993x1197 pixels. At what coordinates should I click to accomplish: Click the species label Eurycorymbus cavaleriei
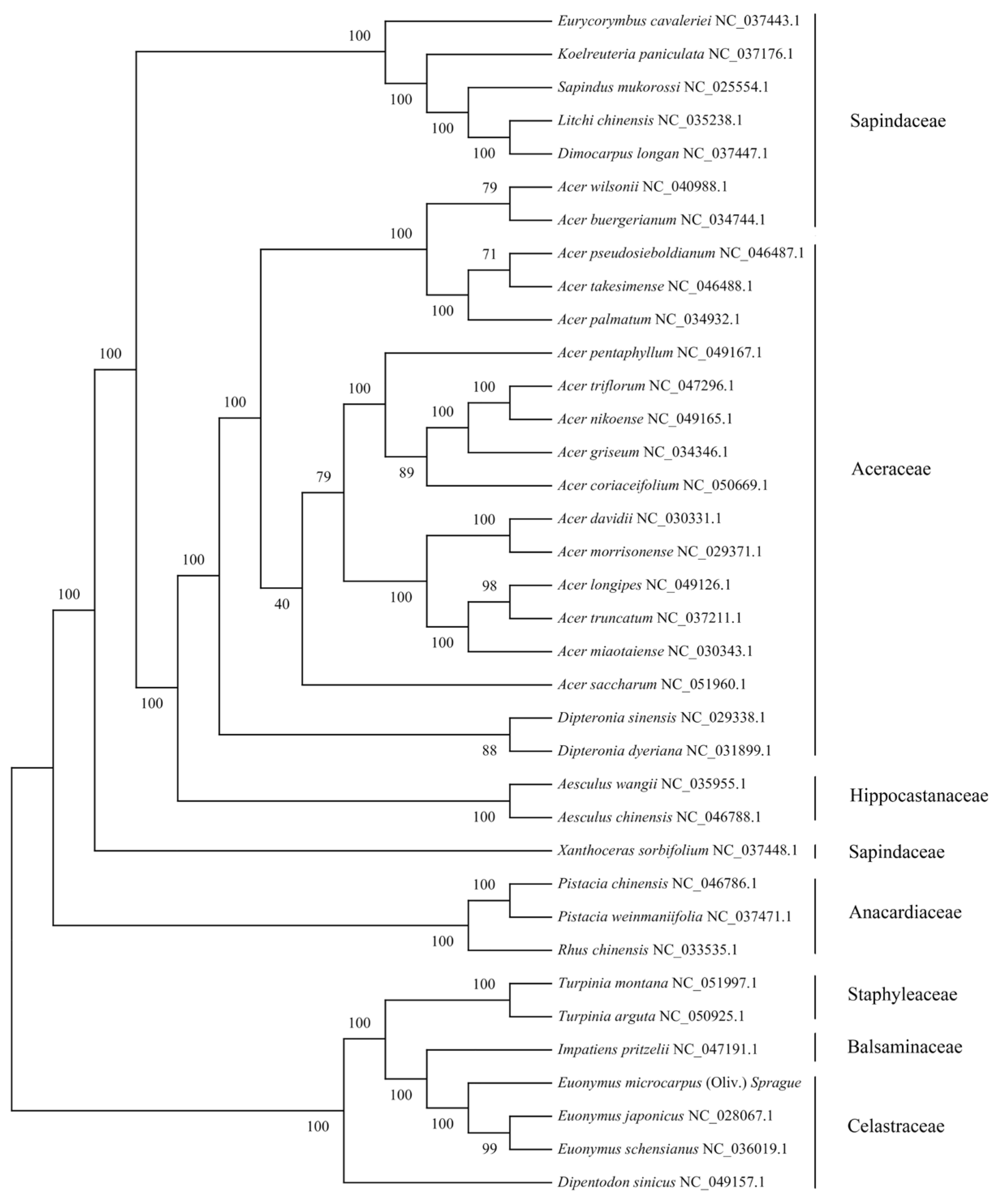[x=634, y=21]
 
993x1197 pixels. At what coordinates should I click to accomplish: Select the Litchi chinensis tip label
[x=605, y=121]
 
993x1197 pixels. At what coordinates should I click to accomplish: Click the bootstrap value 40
[x=282, y=605]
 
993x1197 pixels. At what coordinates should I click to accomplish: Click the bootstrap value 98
[x=489, y=586]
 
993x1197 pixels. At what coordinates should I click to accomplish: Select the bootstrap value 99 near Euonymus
[x=489, y=1149]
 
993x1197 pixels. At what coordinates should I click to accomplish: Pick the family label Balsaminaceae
[x=905, y=1047]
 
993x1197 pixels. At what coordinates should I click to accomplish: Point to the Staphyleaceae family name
[x=902, y=995]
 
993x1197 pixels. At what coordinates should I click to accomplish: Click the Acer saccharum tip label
[x=607, y=684]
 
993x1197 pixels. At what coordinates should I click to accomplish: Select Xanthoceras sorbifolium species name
[x=633, y=850]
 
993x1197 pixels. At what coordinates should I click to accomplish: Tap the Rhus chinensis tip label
[x=602, y=950]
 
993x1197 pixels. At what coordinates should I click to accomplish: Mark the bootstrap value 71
[x=489, y=254]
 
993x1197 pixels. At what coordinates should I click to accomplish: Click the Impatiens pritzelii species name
[x=613, y=1049]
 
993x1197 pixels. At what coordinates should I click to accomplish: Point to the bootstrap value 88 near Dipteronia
[x=489, y=751]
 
